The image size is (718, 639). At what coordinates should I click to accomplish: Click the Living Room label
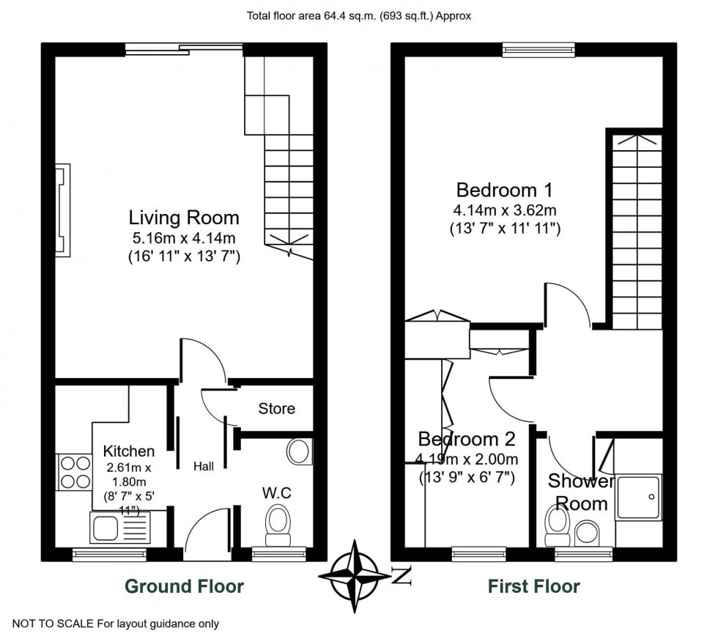(184, 218)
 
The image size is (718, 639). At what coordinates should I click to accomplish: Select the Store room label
(277, 408)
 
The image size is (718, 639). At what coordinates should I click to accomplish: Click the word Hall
(204, 466)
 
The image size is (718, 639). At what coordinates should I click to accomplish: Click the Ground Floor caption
(184, 586)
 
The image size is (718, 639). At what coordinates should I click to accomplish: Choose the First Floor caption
(533, 586)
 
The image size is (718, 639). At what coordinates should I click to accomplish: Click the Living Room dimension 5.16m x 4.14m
(184, 238)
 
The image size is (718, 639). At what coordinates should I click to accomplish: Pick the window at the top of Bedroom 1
(538, 49)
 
